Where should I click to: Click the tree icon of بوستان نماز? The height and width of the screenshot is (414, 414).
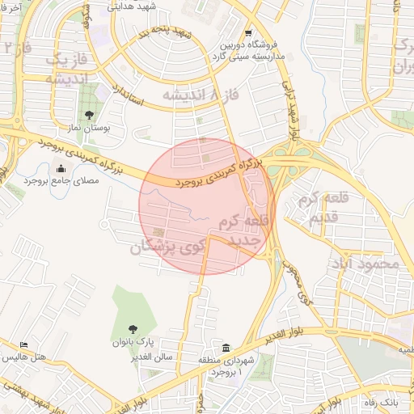[x=88, y=114]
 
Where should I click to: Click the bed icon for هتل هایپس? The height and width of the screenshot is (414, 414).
[x=24, y=344]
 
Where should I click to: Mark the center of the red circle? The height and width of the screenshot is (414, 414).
[x=207, y=205]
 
